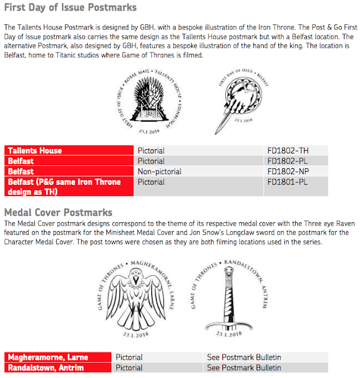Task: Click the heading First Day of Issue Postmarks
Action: pos(70,8)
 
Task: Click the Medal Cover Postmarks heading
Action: pos(58,212)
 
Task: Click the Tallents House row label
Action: pos(34,151)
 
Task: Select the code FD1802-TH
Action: pos(288,151)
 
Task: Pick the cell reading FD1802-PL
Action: pos(288,161)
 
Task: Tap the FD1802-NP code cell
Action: pos(288,171)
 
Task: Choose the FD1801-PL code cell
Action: pos(288,182)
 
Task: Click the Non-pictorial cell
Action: pos(159,171)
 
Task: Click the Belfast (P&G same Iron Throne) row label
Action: pos(64,187)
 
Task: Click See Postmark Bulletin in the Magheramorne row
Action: pos(244,357)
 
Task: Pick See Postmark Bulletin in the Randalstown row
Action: pos(244,368)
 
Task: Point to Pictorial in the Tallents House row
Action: pos(151,151)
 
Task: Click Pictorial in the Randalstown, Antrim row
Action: pos(129,368)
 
